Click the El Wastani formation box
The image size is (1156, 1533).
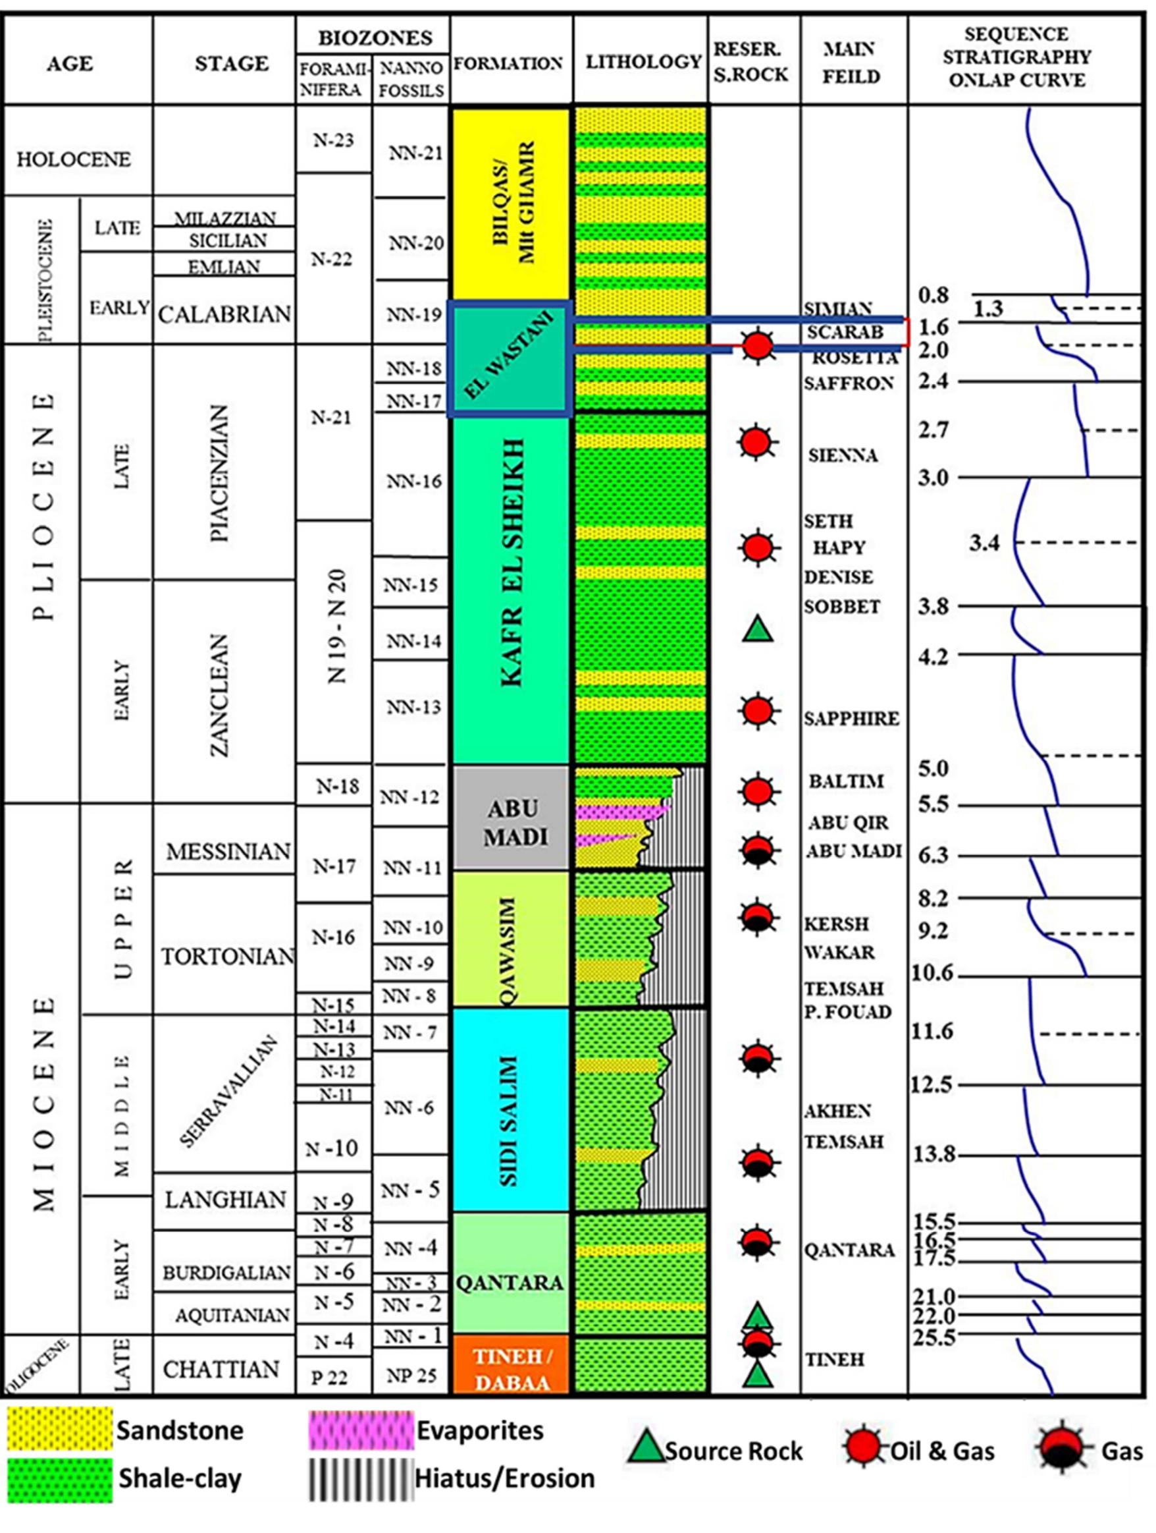[509, 360]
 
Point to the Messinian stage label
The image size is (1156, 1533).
[228, 851]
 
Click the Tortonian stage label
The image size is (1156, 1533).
[228, 957]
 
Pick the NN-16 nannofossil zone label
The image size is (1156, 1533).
[413, 482]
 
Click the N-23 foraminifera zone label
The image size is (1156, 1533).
[333, 141]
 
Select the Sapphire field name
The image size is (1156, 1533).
[851, 719]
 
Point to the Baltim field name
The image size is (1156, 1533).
[847, 782]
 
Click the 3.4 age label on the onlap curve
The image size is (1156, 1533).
[984, 544]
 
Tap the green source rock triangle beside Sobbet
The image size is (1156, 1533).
[757, 629]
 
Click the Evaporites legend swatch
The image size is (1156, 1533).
[360, 1430]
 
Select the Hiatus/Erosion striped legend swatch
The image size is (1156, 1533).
[360, 1480]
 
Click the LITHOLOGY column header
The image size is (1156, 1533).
[643, 63]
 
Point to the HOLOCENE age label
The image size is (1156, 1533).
[74, 160]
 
